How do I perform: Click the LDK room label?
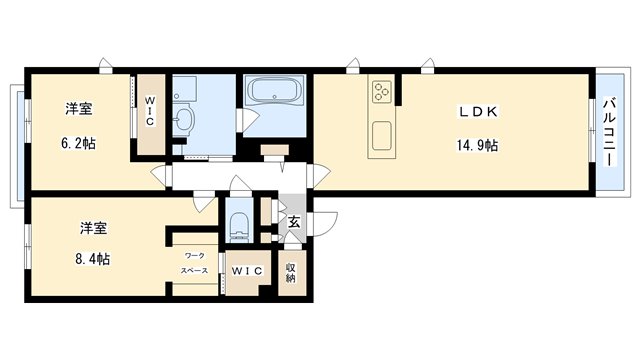(478, 111)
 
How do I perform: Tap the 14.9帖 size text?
(477, 145)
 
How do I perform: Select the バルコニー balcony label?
(609, 131)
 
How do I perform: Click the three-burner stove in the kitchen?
(382, 91)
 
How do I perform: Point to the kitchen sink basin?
(382, 136)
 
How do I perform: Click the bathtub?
(276, 90)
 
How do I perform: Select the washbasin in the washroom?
(184, 118)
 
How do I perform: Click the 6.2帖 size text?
(78, 143)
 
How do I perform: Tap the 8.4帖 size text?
(92, 259)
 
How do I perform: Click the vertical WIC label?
(150, 111)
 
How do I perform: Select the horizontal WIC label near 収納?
(247, 271)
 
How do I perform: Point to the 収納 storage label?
(291, 273)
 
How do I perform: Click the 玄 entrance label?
(294, 222)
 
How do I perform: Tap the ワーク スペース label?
(195, 263)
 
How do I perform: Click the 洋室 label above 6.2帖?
(79, 109)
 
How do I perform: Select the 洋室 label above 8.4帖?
(93, 228)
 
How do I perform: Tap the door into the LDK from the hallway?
(319, 176)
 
